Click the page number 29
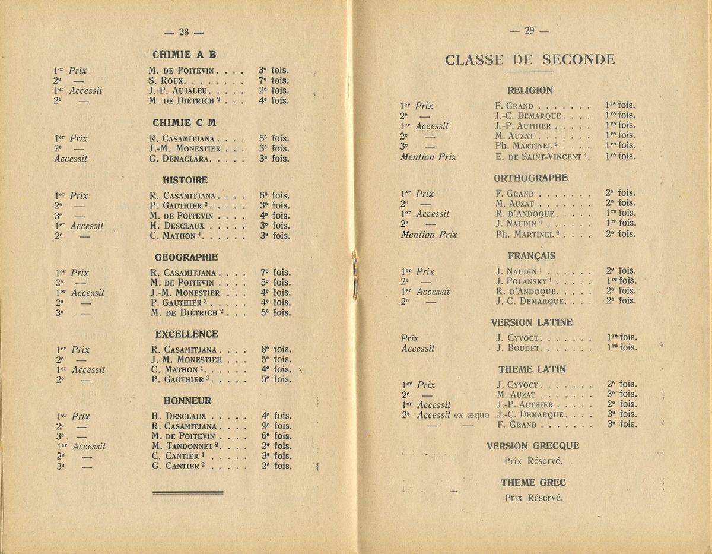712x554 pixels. point(529,31)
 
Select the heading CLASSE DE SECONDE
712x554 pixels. point(529,59)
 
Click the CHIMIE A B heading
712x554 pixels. point(184,55)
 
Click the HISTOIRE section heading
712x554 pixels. point(185,180)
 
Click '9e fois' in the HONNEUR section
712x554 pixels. point(276,426)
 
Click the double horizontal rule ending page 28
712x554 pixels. point(187,492)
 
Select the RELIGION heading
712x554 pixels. point(530,90)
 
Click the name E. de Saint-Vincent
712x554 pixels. point(539,156)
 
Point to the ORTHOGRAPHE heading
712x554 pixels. point(530,178)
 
